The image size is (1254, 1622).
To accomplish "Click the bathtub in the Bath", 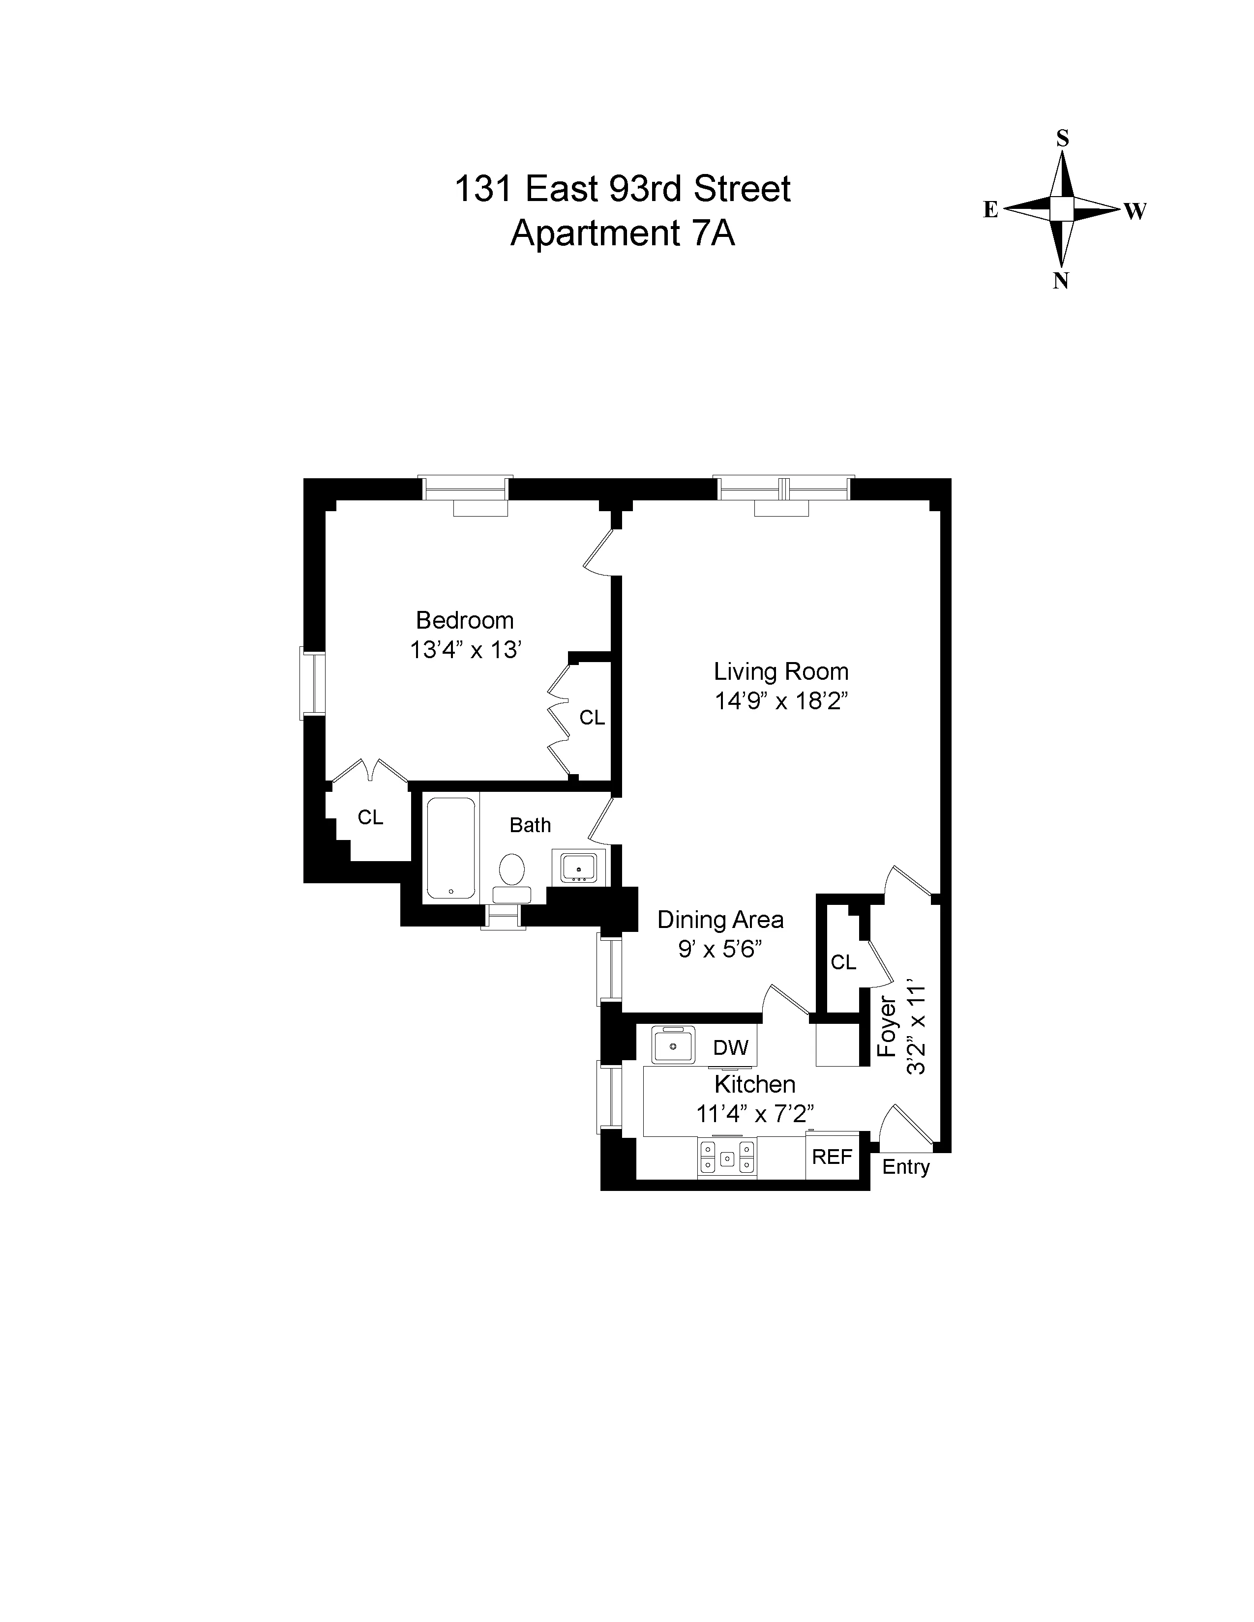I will click(x=451, y=848).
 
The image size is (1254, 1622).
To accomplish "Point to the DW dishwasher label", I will click(x=730, y=1047).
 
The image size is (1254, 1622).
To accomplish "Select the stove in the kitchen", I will click(x=726, y=1157).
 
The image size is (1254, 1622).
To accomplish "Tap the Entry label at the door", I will click(x=905, y=1167).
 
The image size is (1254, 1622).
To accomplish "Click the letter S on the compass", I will click(x=1062, y=138).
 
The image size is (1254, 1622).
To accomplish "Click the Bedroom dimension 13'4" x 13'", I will click(x=465, y=650).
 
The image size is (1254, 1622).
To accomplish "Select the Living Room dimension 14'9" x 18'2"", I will click(x=781, y=700).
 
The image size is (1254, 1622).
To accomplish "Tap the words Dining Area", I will click(x=720, y=920).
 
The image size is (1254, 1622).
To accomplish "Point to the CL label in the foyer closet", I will click(x=843, y=962).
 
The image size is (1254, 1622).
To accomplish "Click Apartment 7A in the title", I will click(x=623, y=233).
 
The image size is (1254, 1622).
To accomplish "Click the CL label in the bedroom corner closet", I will click(x=370, y=817).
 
